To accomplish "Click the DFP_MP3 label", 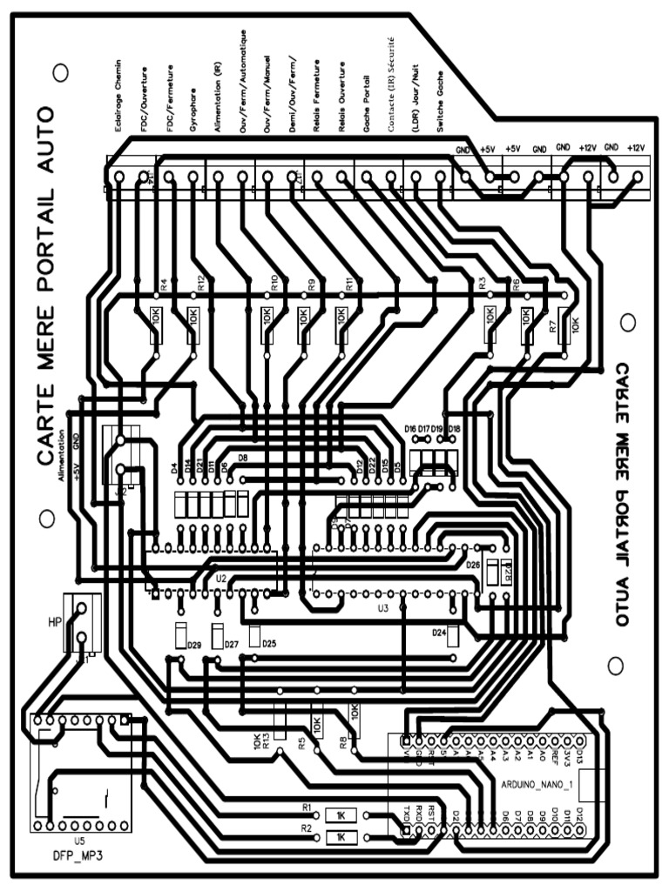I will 78,854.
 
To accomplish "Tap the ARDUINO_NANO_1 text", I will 538,784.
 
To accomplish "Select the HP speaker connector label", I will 56,622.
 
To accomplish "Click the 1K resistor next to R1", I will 341,816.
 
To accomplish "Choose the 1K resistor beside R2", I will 341,837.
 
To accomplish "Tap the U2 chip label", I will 221,577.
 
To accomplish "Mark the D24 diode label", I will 440,632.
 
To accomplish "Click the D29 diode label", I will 194,645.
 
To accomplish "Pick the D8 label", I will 243,458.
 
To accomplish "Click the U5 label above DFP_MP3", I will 79,841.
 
